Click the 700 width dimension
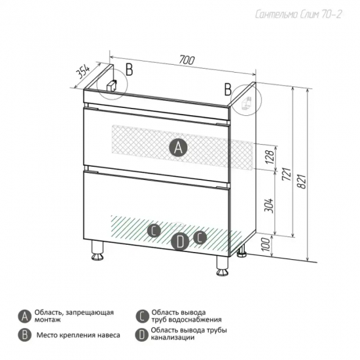click(x=187, y=60)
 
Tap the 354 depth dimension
click(x=82, y=72)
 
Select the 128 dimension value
click(x=270, y=157)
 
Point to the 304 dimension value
click(x=271, y=206)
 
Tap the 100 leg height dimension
click(x=266, y=245)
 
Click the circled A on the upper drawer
click(x=178, y=147)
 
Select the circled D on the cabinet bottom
click(x=180, y=242)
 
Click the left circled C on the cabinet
click(x=154, y=230)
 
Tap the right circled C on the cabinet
click(x=200, y=237)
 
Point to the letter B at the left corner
click(x=130, y=69)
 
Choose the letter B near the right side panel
click(x=228, y=90)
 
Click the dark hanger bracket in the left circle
click(x=112, y=85)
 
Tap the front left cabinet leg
click(x=98, y=251)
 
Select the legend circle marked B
click(x=25, y=335)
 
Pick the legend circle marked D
click(x=141, y=335)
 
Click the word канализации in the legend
click(x=173, y=338)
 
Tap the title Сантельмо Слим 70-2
click(x=298, y=14)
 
